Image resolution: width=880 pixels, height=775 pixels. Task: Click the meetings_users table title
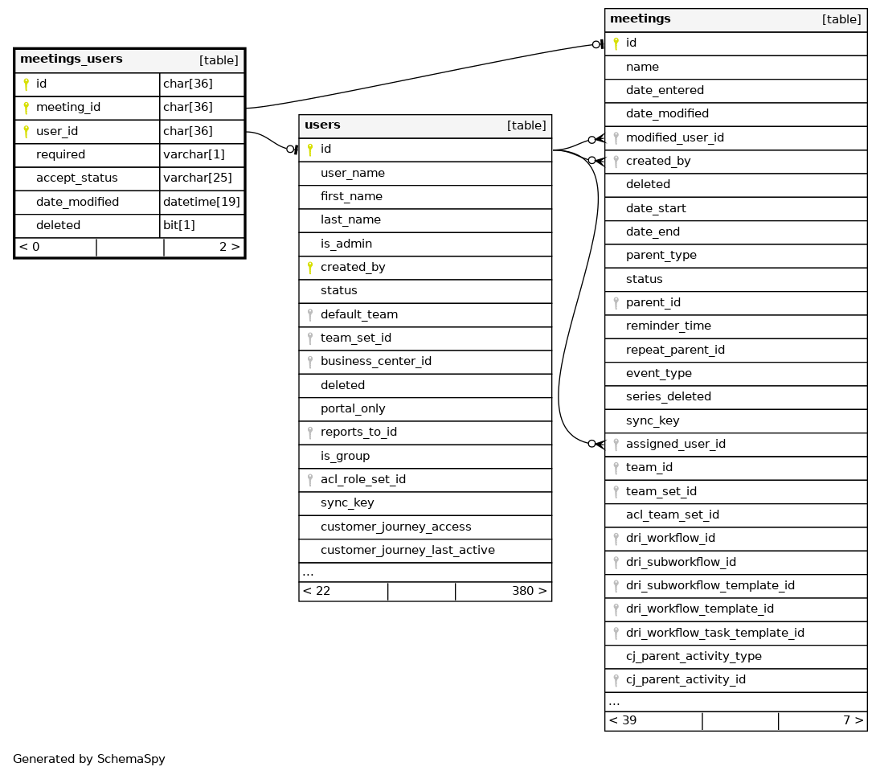[72, 59]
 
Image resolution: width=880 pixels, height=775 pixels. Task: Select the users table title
[322, 125]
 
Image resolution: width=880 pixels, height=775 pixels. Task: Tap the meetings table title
[641, 19]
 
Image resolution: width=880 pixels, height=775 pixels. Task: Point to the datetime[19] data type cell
[202, 202]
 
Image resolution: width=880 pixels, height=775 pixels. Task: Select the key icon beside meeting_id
[26, 108]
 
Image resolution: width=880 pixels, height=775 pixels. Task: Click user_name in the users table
[353, 173]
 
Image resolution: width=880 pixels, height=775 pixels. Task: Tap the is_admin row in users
[346, 244]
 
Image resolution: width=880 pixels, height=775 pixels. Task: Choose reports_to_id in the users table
[358, 433]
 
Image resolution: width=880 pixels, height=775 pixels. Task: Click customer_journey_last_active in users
[407, 551]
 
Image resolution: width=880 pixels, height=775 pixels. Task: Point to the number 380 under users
[526, 592]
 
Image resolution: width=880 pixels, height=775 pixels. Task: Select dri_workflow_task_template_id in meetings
[715, 634]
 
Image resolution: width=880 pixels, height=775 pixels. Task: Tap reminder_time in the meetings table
[669, 326]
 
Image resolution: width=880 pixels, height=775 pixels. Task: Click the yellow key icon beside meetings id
[616, 43]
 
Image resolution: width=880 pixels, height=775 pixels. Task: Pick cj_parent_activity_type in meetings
[694, 657]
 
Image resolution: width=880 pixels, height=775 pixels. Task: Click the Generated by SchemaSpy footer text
[88, 759]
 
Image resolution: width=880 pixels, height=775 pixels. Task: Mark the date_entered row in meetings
[665, 91]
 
